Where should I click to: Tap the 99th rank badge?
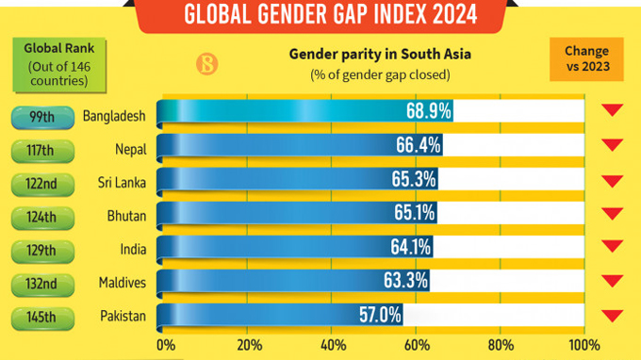[x=41, y=115]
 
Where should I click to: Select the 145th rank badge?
[x=41, y=317]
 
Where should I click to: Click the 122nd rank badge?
[x=41, y=183]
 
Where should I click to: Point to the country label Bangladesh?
[x=113, y=115]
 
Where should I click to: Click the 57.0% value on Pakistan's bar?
[x=377, y=314]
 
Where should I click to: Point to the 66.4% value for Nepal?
[x=416, y=146]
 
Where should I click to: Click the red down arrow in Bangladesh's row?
[x=613, y=111]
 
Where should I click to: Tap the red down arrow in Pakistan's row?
[x=613, y=316]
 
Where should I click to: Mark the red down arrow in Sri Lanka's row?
[x=613, y=180]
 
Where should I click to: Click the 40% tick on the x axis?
[x=333, y=344]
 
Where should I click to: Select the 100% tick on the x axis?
[x=583, y=344]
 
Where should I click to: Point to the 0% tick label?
[x=166, y=344]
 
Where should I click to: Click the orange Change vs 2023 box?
[x=585, y=58]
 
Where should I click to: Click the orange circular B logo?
[x=205, y=65]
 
